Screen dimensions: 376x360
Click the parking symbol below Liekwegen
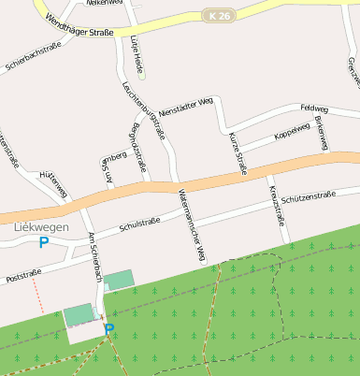point(43,243)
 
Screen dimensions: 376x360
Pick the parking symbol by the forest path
point(108,328)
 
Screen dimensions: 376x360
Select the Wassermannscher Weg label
point(191,224)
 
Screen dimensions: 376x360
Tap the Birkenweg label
point(321,135)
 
